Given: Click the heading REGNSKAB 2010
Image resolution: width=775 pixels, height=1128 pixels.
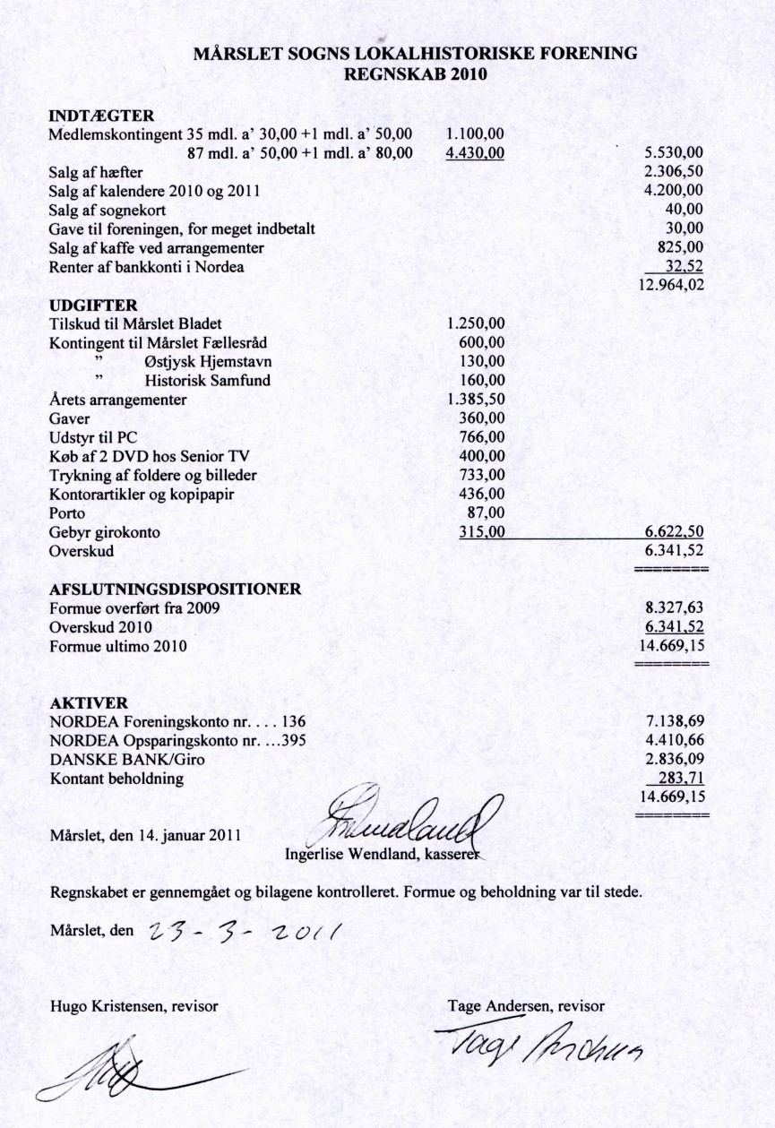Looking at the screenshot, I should (x=415, y=74).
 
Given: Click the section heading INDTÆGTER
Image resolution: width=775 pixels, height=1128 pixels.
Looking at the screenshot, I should (x=101, y=116).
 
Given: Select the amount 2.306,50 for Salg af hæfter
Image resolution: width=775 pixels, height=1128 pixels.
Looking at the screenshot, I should (x=674, y=171).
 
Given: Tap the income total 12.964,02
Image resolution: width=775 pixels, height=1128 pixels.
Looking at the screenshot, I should (x=670, y=286).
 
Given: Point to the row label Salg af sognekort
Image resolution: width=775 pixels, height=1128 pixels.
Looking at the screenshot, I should (x=108, y=210).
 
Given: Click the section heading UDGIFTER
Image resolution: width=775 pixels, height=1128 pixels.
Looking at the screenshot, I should (x=93, y=306).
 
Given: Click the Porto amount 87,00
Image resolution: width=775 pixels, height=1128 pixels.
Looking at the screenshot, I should (x=487, y=513).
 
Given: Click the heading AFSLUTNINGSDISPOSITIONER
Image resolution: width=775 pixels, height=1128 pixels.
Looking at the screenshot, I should (x=175, y=589).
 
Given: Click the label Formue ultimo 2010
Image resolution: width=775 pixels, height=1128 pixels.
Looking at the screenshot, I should (x=118, y=646).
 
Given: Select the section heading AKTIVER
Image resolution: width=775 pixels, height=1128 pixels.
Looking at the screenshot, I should (x=89, y=702).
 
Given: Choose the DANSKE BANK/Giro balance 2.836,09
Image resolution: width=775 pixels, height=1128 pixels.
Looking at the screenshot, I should (x=674, y=760).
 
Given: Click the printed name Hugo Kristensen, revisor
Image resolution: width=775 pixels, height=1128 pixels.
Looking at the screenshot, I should (x=133, y=1006).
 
